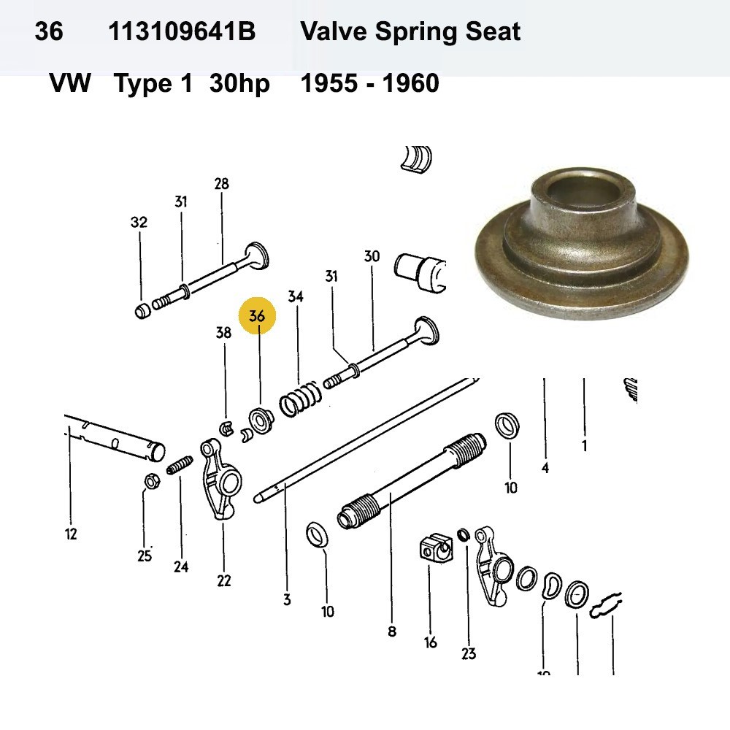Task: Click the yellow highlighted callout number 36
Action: coord(257,317)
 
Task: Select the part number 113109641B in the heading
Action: coord(182,32)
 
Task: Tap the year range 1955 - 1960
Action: coord(370,84)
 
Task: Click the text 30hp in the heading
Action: coord(239,84)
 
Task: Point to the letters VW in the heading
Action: coord(70,84)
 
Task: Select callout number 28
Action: coord(221,184)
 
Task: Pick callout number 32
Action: coord(139,223)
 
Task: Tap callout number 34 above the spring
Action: coord(296,297)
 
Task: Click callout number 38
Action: coord(223,333)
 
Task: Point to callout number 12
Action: coord(70,534)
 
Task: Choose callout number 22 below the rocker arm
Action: coord(223,581)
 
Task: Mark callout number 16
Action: coord(431,642)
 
